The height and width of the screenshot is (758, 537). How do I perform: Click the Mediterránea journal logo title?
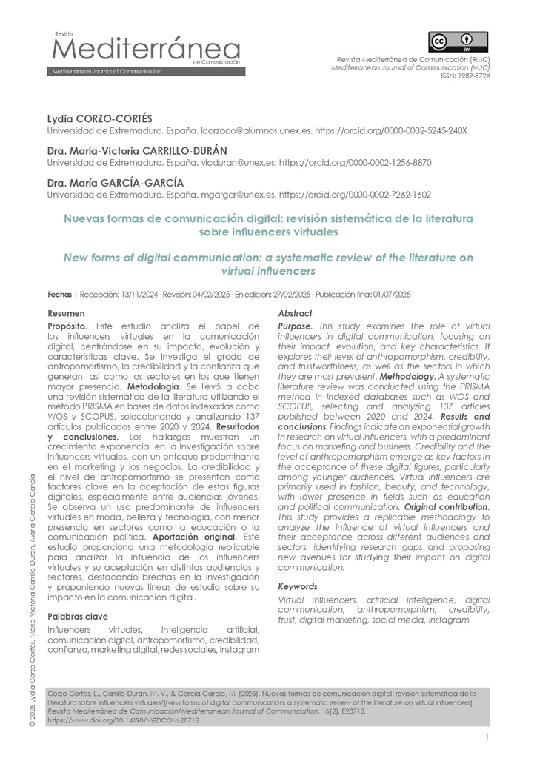[x=144, y=50]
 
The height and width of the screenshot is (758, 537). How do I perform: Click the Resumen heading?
[x=66, y=313]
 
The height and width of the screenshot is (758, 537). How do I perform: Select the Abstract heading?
[x=295, y=313]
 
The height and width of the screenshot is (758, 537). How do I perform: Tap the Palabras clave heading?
[x=77, y=616]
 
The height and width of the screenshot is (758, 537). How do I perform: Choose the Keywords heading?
[x=298, y=586]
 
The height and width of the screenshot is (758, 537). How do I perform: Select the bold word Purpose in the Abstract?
[x=295, y=326]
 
